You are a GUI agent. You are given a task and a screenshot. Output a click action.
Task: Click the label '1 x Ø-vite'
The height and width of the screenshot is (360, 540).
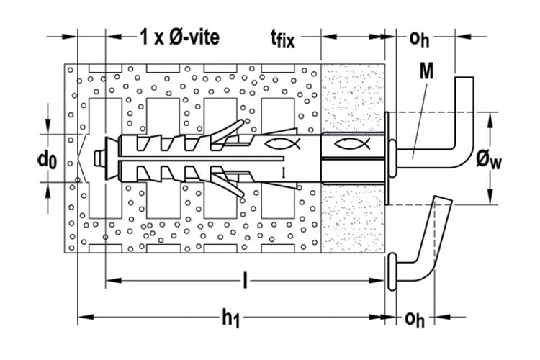tap(179, 37)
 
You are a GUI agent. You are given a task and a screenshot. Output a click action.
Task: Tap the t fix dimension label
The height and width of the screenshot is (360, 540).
tap(283, 38)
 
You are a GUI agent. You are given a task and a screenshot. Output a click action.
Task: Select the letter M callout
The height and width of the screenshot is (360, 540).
tap(427, 72)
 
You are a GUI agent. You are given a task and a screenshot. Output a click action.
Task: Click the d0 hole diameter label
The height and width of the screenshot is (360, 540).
tap(48, 160)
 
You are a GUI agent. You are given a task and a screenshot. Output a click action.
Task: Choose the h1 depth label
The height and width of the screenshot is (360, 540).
tap(230, 318)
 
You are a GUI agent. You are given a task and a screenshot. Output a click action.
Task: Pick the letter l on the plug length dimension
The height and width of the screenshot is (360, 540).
tap(245, 280)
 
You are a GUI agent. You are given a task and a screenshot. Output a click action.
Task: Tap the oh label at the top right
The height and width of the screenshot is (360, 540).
tap(419, 39)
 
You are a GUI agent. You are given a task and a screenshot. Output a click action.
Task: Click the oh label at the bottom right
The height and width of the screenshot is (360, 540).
tap(414, 319)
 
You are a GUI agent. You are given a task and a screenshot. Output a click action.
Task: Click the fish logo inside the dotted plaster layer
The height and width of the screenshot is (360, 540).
tap(352, 143)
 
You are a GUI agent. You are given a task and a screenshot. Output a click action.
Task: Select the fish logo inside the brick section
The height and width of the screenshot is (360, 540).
tap(282, 143)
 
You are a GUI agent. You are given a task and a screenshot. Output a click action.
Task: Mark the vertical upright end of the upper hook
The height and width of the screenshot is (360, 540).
tap(464, 104)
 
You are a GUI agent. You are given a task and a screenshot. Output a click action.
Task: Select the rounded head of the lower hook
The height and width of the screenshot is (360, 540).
tap(392, 272)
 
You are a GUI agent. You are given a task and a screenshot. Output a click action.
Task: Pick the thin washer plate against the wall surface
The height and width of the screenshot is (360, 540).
tap(387, 158)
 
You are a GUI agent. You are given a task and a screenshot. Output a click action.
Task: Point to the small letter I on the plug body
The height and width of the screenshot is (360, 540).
tap(284, 173)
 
